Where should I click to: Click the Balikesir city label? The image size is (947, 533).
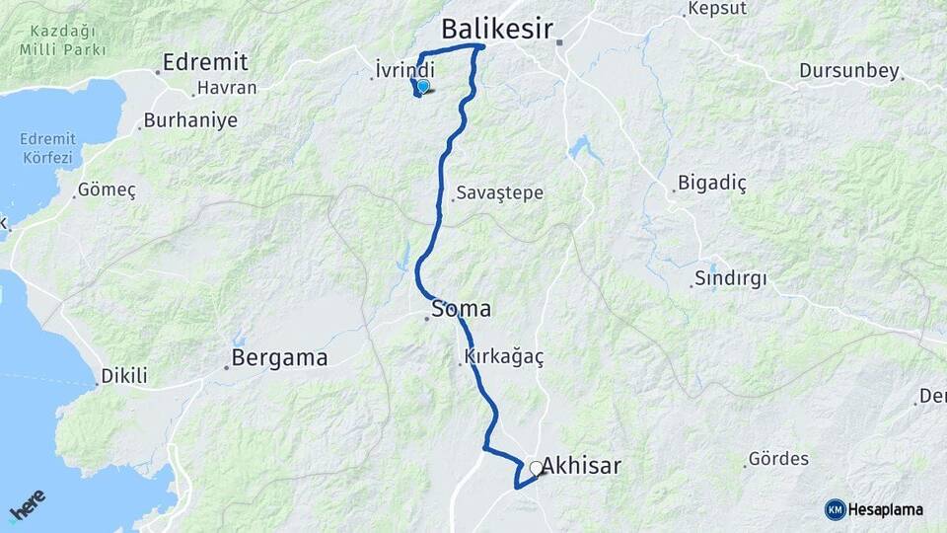[x=496, y=29]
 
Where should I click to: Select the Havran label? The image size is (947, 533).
[x=227, y=88]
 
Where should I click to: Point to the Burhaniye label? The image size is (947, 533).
[x=190, y=121]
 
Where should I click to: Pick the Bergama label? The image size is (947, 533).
[x=279, y=358]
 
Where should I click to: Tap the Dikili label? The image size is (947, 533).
[x=124, y=376]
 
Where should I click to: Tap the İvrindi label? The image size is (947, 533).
[x=405, y=70]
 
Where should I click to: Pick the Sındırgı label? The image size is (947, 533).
[x=731, y=277]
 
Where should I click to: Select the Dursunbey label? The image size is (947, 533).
[x=849, y=71]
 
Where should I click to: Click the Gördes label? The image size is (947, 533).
[x=778, y=459]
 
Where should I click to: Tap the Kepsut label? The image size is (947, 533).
[x=712, y=12]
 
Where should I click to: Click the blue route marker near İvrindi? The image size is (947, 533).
[x=423, y=87]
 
